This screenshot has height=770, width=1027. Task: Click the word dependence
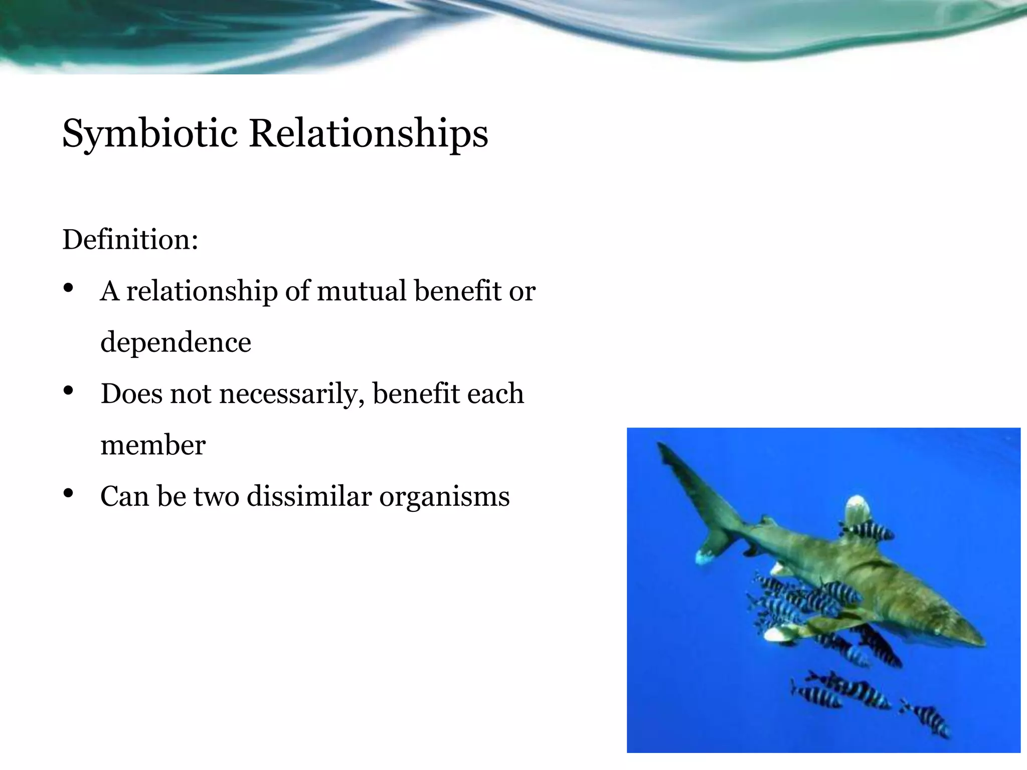point(176,342)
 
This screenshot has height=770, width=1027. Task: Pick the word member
point(153,445)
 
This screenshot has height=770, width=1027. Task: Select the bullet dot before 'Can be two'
point(69,493)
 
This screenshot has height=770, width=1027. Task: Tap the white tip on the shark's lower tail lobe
point(705,556)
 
